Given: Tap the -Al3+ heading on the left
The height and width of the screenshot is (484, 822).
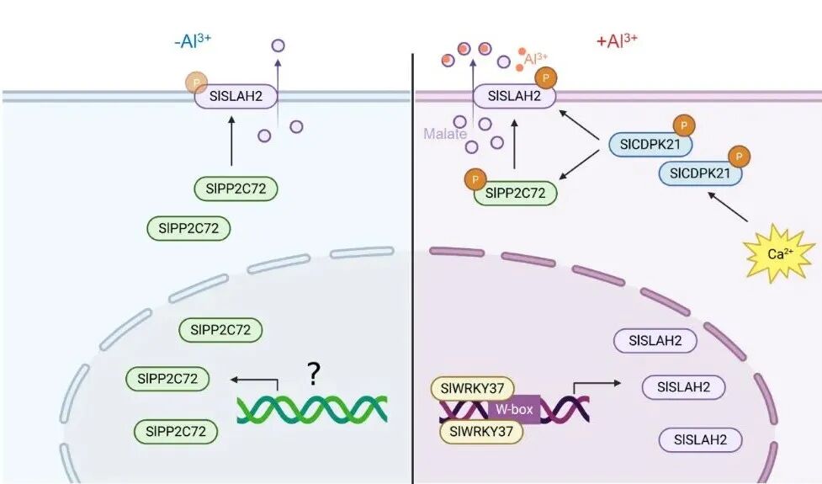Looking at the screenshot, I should click(191, 40).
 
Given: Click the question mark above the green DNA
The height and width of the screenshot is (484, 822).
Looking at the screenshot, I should click(313, 373).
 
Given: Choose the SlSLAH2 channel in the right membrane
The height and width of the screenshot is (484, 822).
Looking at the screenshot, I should click(513, 97).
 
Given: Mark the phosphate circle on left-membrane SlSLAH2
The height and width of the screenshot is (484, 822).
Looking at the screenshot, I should click(196, 82).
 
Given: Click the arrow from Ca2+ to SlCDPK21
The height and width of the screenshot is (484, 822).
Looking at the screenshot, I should click(729, 207).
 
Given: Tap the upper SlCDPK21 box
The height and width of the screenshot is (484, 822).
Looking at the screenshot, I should click(651, 145).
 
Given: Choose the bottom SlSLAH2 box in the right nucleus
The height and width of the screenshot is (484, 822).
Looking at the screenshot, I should click(701, 439).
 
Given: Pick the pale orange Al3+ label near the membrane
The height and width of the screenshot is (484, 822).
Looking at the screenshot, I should click(535, 59).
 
